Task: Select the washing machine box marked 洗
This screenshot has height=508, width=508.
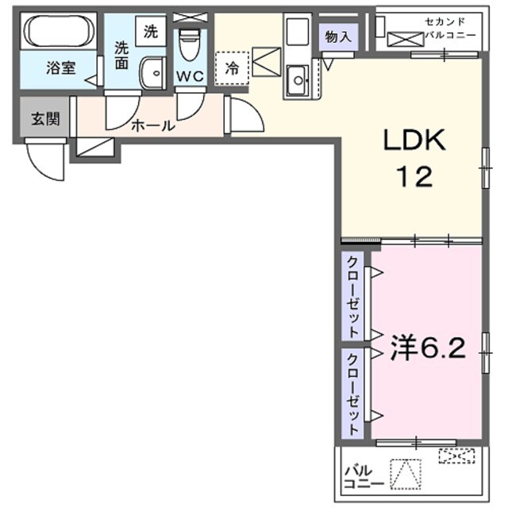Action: (x=150, y=33)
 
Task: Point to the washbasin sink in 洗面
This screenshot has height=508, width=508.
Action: (x=149, y=75)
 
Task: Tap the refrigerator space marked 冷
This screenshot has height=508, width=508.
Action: (x=233, y=68)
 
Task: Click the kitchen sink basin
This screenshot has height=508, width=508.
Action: (x=299, y=79)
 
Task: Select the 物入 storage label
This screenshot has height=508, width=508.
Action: (x=337, y=37)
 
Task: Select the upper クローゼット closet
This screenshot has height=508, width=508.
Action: (x=352, y=294)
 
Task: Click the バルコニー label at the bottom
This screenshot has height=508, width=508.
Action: (x=364, y=476)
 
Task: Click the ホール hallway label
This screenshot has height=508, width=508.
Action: (x=152, y=125)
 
